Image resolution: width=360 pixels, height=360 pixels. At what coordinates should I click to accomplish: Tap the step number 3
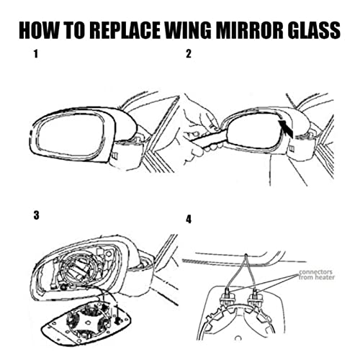click(34, 215)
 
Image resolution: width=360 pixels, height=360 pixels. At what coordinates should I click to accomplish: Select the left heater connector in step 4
click(230, 294)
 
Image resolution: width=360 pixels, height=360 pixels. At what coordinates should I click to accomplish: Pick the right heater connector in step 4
click(258, 296)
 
